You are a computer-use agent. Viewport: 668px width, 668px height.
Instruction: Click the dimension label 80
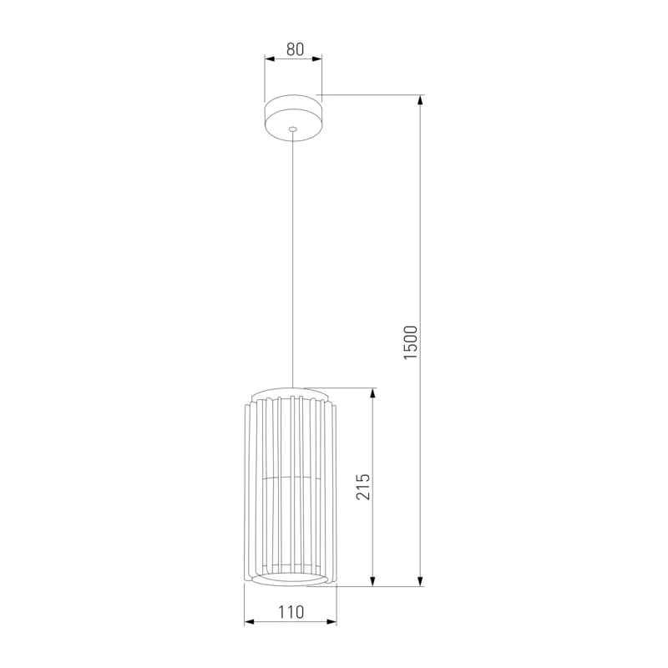pyautogui.click(x=295, y=49)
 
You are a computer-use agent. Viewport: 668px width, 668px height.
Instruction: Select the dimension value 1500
pyautogui.click(x=411, y=342)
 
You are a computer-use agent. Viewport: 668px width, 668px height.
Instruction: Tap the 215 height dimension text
pyautogui.click(x=363, y=486)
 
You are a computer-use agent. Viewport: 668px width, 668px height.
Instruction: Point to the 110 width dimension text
pyautogui.click(x=291, y=612)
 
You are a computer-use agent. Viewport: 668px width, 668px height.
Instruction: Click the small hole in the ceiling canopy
pyautogui.click(x=292, y=129)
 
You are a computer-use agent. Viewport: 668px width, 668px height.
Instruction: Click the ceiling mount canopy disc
pyautogui.click(x=293, y=118)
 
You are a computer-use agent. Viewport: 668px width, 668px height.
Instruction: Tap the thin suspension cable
pyautogui.click(x=293, y=259)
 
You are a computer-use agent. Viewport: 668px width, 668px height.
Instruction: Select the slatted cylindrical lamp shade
pyautogui.click(x=290, y=487)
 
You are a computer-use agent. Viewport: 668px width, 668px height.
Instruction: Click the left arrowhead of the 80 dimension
pyautogui.click(x=269, y=58)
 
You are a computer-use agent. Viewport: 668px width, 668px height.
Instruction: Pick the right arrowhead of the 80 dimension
pyautogui.click(x=317, y=58)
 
